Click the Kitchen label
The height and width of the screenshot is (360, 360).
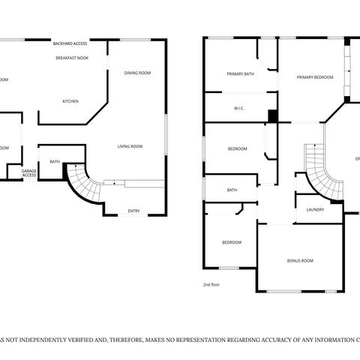(x=70, y=101)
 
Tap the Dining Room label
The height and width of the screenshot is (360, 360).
(x=137, y=73)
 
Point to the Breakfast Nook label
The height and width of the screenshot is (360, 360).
(x=73, y=57)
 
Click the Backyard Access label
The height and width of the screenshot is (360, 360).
(x=70, y=43)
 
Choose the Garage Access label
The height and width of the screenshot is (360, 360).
(x=28, y=173)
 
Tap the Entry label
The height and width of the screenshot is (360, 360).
(x=133, y=211)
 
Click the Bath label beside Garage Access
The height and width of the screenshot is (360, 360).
(x=55, y=161)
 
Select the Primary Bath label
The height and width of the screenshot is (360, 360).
(x=241, y=73)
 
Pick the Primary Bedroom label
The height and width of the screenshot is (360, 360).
(x=314, y=77)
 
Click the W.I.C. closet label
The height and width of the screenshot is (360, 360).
(x=239, y=109)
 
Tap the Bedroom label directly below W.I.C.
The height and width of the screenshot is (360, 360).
(x=237, y=148)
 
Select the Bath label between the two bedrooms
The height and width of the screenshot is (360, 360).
(x=232, y=190)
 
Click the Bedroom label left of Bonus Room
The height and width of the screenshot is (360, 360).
(x=231, y=242)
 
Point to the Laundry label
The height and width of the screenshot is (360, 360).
(x=315, y=209)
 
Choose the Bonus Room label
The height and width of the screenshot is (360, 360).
(x=300, y=260)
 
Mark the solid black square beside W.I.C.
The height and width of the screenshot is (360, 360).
(x=273, y=115)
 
